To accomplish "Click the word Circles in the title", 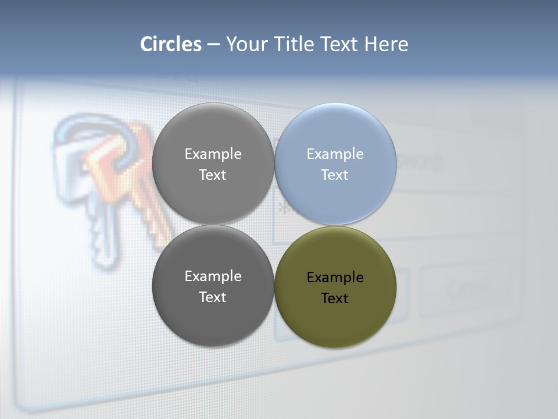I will click(170, 44).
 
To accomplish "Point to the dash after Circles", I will click(213, 45).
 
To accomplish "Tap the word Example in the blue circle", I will click(335, 154).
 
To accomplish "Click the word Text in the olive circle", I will click(335, 299).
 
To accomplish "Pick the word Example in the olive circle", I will click(335, 278).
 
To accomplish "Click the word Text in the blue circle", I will click(335, 175).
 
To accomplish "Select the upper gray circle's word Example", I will click(213, 154).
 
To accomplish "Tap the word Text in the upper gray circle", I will click(213, 175).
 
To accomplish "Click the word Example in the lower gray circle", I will click(213, 276).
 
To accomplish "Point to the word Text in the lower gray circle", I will click(213, 297).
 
